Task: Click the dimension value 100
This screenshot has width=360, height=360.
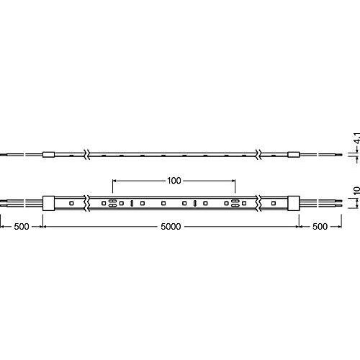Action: [174, 180]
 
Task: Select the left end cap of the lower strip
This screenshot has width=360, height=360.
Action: [49, 204]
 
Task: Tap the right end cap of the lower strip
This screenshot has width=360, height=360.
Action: [294, 204]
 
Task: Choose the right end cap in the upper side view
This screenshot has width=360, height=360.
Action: [294, 154]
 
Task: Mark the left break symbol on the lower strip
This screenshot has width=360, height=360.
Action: [88, 204]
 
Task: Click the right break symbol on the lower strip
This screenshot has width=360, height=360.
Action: [256, 204]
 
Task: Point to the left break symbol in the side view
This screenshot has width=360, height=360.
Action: [88, 154]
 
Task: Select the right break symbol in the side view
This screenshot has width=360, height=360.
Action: [256, 154]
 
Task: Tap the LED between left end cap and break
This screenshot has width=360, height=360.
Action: [71, 204]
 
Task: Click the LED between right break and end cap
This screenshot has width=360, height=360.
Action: [274, 204]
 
